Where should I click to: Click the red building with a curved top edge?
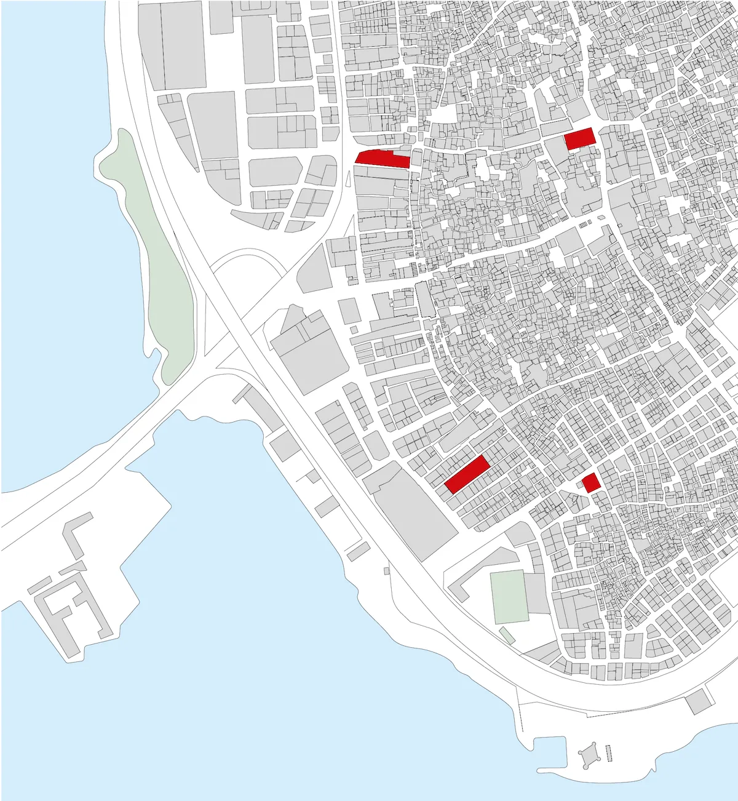coord(382,158)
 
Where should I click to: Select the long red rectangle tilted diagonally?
coord(467,474)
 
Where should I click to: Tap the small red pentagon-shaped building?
coord(591,483)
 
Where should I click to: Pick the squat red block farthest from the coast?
coord(580,138)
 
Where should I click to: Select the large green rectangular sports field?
coord(509,596)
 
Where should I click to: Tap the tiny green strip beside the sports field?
coord(507,636)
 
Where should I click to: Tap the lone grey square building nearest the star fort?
coord(699,701)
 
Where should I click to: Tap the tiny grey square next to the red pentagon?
coord(580,485)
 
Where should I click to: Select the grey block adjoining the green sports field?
coord(537,594)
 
